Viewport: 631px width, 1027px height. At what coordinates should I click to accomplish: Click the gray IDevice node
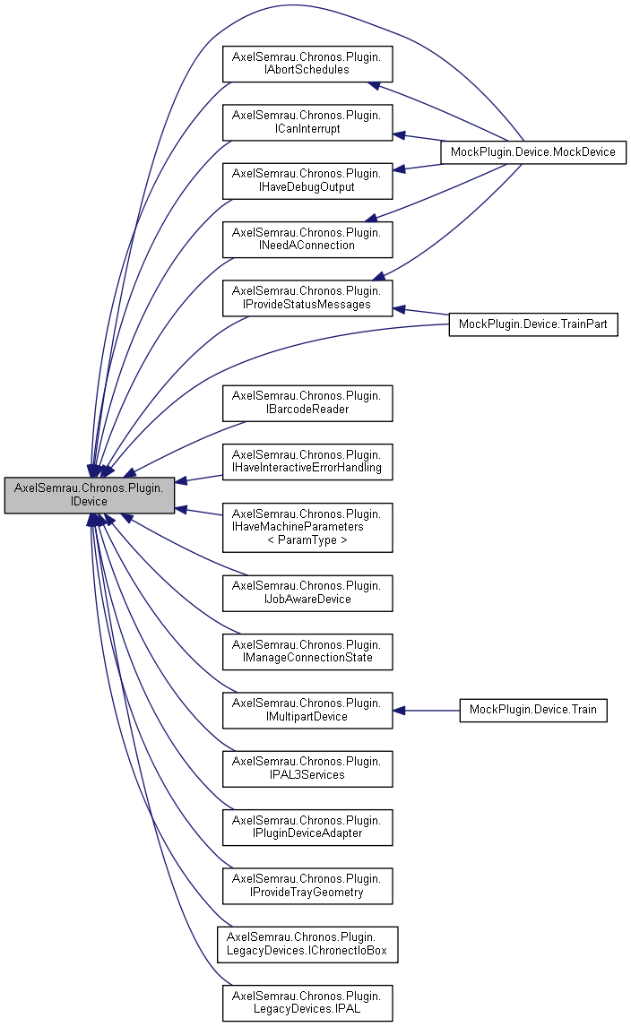pyautogui.click(x=89, y=495)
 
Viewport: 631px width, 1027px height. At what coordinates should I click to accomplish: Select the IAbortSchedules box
pyautogui.click(x=307, y=63)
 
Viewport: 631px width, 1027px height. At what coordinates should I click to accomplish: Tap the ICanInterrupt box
pyautogui.click(x=307, y=122)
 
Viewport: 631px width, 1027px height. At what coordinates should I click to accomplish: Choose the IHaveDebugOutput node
pyautogui.click(x=307, y=180)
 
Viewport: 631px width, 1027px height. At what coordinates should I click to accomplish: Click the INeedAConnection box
pyautogui.click(x=307, y=238)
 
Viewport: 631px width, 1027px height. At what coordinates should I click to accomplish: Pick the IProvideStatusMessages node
pyautogui.click(x=307, y=298)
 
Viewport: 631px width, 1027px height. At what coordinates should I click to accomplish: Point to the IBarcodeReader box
pyautogui.click(x=307, y=402)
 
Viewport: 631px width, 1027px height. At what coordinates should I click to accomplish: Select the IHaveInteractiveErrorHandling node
pyautogui.click(x=307, y=461)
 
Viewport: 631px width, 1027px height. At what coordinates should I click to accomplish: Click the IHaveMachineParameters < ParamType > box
pyautogui.click(x=307, y=527)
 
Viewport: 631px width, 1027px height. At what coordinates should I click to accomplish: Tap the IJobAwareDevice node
pyautogui.click(x=307, y=592)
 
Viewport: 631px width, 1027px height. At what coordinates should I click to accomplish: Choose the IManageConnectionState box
pyautogui.click(x=307, y=651)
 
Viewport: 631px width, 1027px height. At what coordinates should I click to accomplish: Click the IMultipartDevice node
pyautogui.click(x=307, y=710)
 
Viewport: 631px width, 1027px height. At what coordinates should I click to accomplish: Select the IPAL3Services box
pyautogui.click(x=307, y=768)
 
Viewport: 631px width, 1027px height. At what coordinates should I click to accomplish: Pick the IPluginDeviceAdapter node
pyautogui.click(x=307, y=826)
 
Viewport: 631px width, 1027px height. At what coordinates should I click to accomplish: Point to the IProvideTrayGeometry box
pyautogui.click(x=307, y=885)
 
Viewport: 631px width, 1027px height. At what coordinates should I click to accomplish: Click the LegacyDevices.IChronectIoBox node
pyautogui.click(x=307, y=944)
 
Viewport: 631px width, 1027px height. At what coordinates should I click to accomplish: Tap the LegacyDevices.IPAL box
pyautogui.click(x=307, y=1002)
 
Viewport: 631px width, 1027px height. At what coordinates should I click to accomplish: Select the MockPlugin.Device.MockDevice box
pyautogui.click(x=532, y=151)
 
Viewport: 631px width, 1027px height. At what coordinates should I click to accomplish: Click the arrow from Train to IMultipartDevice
pyautogui.click(x=426, y=711)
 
